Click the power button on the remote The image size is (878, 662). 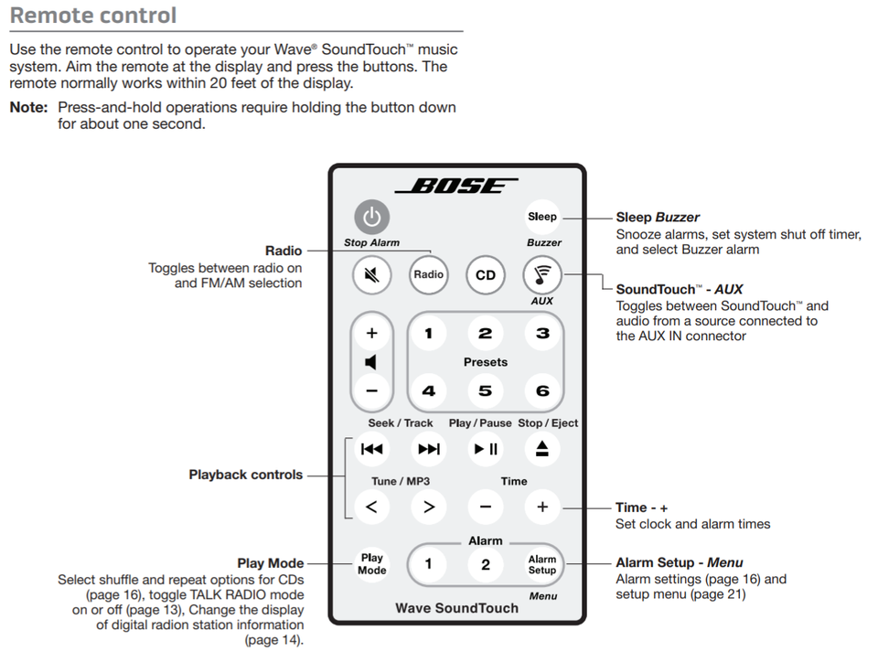371,218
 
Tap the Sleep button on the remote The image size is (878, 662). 541,217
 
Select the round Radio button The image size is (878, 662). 428,274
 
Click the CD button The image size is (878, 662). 486,274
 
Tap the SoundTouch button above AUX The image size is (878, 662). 542,273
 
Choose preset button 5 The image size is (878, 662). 486,391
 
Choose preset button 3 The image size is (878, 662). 542,333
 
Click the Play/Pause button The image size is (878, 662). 486,449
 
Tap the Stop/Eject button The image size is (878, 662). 542,449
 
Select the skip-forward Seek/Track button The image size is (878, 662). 428,449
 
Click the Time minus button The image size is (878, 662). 486,507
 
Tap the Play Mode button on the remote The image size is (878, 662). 371,564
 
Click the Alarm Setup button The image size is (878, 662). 542,564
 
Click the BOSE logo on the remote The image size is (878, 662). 456,186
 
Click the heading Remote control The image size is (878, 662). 93,16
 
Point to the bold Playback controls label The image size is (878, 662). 245,475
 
